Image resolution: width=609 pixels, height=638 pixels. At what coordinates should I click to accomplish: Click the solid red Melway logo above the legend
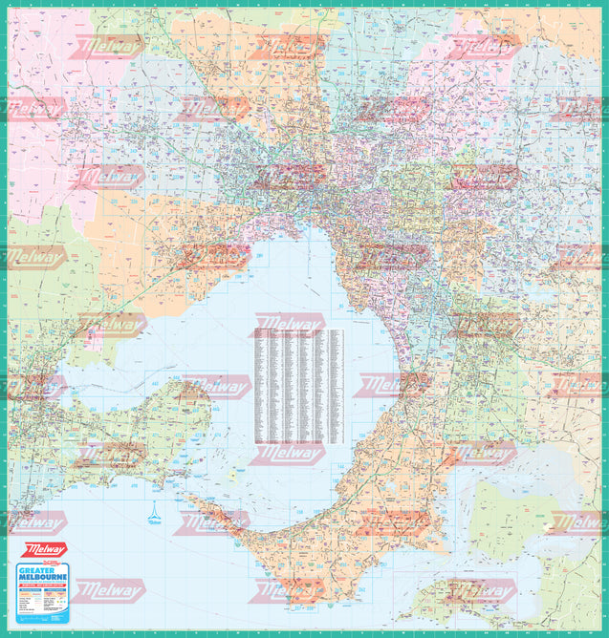pyautogui.click(x=44, y=551)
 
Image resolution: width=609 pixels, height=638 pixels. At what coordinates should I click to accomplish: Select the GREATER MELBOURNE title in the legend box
pyautogui.click(x=44, y=576)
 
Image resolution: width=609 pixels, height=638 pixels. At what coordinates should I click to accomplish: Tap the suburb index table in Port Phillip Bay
pyautogui.click(x=297, y=386)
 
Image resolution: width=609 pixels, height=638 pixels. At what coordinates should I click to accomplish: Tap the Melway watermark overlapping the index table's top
pyautogui.click(x=288, y=324)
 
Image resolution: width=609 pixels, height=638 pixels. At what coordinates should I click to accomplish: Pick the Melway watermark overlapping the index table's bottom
pyautogui.click(x=288, y=454)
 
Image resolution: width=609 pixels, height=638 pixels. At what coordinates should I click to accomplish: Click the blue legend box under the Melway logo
pyautogui.click(x=44, y=592)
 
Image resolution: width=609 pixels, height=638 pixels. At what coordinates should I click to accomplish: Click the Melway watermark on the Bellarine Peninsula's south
pyautogui.click(x=109, y=455)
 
